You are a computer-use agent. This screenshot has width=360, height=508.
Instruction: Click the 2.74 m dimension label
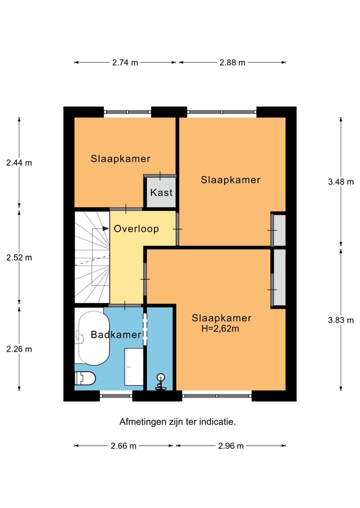[x=124, y=62]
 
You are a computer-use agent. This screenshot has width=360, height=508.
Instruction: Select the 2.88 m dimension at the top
[x=232, y=62]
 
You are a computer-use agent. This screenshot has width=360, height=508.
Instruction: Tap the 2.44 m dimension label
[x=19, y=162]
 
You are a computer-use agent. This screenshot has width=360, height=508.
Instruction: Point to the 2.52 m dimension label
[x=19, y=258]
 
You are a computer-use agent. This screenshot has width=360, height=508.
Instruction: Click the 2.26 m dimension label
[x=19, y=349]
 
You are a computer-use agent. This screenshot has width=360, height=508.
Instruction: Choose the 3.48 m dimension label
[x=340, y=182]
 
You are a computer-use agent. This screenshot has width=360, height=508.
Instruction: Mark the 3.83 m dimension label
[x=340, y=320]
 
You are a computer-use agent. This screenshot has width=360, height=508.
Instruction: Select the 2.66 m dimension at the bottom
[x=123, y=446]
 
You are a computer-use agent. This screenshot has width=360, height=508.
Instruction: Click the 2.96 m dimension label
[x=230, y=446]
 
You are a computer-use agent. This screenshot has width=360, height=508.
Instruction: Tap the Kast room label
[x=161, y=192]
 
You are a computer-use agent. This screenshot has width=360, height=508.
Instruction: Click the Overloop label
[x=136, y=229]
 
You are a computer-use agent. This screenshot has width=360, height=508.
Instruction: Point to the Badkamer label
[x=116, y=335]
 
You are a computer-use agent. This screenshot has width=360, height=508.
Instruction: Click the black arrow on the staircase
[x=105, y=228]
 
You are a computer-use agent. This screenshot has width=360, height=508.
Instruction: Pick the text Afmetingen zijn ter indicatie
[x=177, y=422]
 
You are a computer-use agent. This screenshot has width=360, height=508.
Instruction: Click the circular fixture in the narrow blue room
[x=161, y=378]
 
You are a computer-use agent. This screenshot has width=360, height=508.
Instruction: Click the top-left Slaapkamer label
[x=120, y=159]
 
